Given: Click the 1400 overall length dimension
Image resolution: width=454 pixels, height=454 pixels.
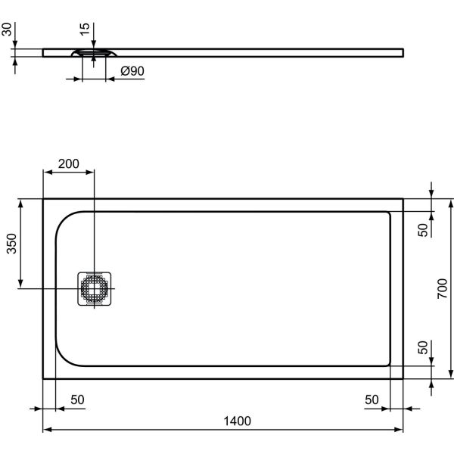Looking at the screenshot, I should point(236,421).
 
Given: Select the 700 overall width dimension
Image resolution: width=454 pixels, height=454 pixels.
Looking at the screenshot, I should point(444,288).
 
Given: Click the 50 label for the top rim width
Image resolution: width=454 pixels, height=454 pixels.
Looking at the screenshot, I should point(424,225).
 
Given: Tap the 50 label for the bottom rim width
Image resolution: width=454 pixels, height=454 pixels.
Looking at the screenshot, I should point(424,349).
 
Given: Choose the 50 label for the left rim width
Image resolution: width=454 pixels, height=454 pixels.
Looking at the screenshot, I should point(76,400).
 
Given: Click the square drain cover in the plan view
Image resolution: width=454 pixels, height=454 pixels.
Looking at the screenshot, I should point(95,289).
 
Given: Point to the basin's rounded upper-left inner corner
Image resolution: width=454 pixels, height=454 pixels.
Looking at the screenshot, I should point(64,221).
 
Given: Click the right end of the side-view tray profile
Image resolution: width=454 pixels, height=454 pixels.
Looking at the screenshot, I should point(401,53).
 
